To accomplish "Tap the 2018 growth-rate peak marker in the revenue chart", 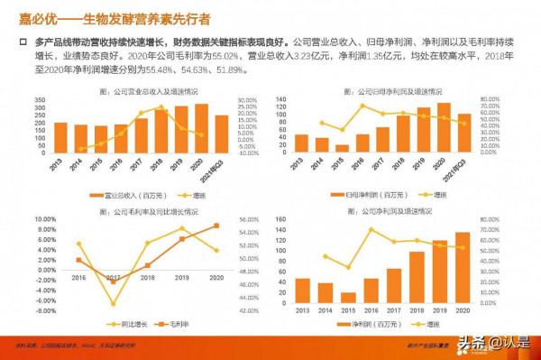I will tap(161, 108).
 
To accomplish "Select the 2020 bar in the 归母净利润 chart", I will tap(444, 127).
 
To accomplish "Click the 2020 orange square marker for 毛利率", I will tap(216, 226).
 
